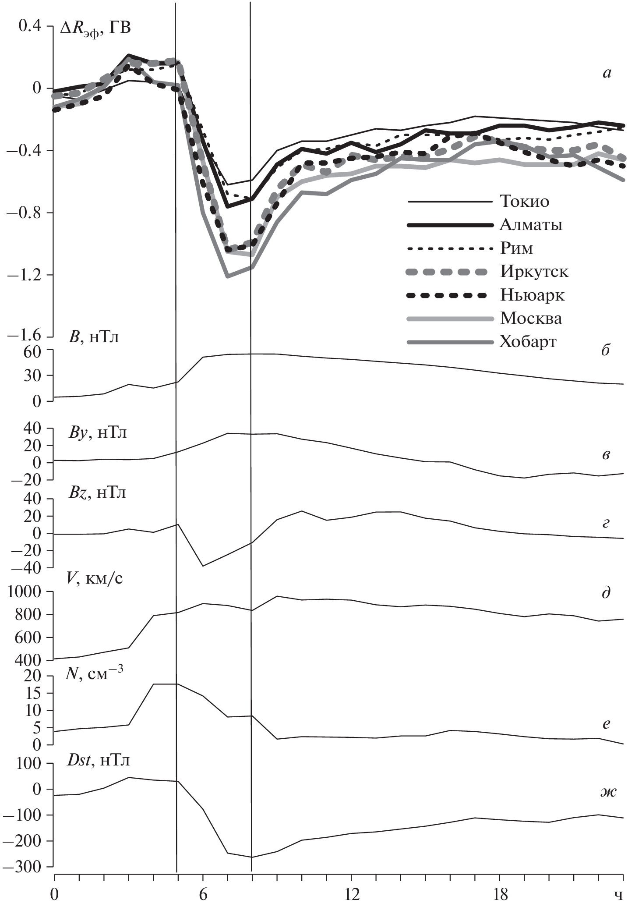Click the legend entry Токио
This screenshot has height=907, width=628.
[x=524, y=202]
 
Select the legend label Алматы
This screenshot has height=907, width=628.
[x=531, y=225]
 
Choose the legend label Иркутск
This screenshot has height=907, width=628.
[x=534, y=272]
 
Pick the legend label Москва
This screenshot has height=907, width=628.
[x=531, y=318]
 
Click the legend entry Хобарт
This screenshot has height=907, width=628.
[x=528, y=341]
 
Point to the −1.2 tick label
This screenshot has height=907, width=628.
[x=28, y=275]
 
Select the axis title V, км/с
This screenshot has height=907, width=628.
[x=95, y=579]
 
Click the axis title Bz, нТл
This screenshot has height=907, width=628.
[x=97, y=493]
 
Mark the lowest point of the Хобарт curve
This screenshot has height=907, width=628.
[x=227, y=277]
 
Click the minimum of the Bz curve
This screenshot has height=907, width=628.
[x=203, y=566]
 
